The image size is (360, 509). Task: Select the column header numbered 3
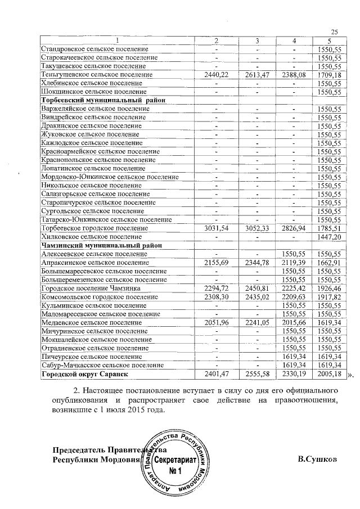tap(256, 40)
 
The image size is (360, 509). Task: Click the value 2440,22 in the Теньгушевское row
tap(215, 74)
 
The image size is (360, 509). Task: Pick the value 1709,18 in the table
tap(330, 74)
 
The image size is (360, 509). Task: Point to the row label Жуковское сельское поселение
tap(90, 134)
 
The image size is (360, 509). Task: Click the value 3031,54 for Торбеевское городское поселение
tap(215, 228)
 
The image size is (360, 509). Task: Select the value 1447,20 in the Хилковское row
tap(330, 237)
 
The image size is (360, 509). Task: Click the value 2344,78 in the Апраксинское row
tap(256, 263)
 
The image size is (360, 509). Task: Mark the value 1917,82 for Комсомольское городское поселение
tap(330, 297)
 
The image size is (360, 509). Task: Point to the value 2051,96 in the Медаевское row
tap(215, 323)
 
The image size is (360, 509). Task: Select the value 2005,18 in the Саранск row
tap(330, 374)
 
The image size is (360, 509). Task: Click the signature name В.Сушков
tap(318, 458)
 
